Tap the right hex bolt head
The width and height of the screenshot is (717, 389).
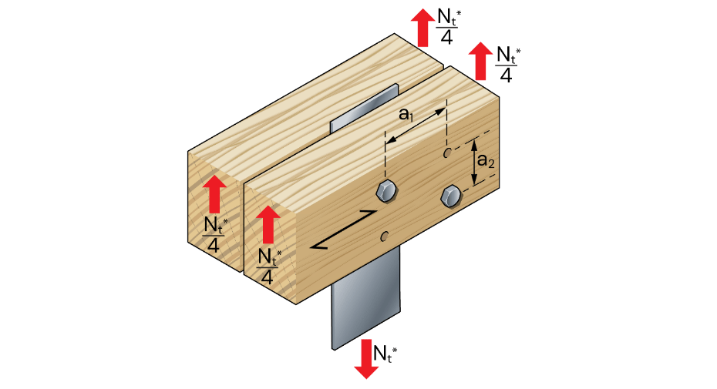(451, 197)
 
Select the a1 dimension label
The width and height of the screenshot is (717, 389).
(406, 114)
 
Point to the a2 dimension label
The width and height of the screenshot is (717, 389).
(486, 161)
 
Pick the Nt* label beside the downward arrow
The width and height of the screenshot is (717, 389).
(385, 354)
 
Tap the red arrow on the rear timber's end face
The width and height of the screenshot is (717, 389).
(214, 194)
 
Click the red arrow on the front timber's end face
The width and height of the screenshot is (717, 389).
(268, 224)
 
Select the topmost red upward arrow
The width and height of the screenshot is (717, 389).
(422, 28)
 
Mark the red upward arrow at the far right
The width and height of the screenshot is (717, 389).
(480, 62)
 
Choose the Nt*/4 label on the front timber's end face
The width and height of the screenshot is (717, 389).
(268, 266)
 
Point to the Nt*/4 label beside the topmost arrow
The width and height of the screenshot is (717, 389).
(448, 26)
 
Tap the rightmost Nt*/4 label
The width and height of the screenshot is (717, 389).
(507, 64)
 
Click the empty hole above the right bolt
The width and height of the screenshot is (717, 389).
(448, 153)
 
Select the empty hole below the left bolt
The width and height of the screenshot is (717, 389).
(385, 236)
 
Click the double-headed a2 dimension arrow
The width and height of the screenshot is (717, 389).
(474, 162)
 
